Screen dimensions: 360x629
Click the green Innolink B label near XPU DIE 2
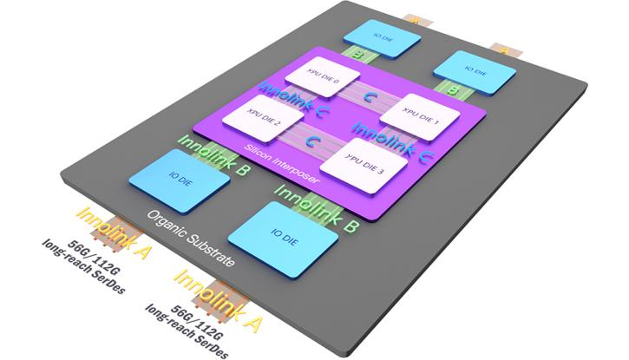[213, 149]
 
